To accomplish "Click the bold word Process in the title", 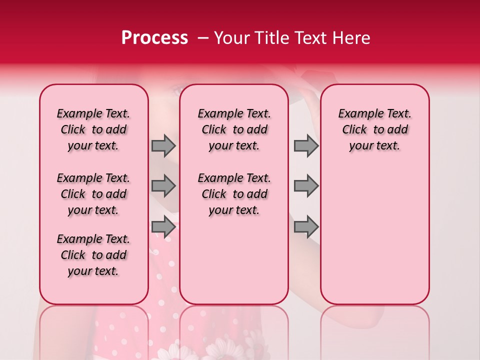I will click(154, 38).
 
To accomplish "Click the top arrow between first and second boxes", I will click(163, 145).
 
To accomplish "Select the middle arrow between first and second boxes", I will click(163, 186).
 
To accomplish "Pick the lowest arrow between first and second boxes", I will click(163, 227).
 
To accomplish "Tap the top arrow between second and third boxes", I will click(306, 145).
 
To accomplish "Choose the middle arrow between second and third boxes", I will click(306, 186).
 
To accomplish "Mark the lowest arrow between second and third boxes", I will click(306, 227).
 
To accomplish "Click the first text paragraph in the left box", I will click(93, 129).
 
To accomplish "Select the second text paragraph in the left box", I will click(93, 194).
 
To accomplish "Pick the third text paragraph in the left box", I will click(93, 255).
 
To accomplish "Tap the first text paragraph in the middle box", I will click(234, 129).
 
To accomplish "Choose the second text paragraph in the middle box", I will click(234, 194).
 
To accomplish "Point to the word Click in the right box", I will click(354, 130).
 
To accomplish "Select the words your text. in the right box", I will click(374, 146).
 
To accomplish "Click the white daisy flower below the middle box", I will click(220, 350).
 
